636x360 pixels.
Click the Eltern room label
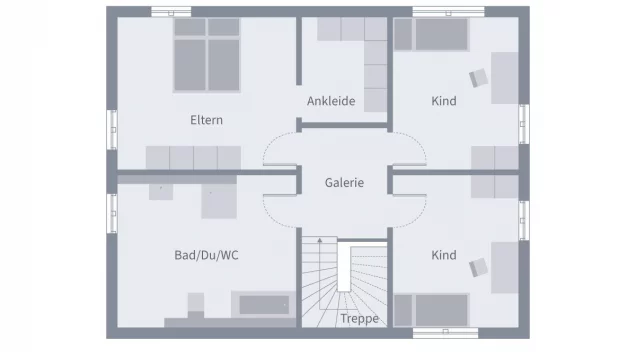coord(206,120)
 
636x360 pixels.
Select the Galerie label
coord(344,183)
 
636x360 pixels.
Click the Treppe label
coord(358,319)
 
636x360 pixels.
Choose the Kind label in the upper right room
coord(443,101)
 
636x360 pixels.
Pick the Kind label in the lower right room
coord(443,255)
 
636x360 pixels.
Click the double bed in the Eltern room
coord(204,56)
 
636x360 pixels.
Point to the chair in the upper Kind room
coord(478,78)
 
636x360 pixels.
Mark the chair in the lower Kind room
coord(478,265)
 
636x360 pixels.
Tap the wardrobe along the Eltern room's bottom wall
coord(194,157)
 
